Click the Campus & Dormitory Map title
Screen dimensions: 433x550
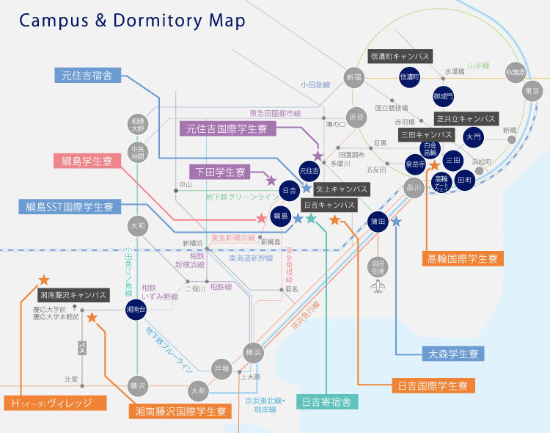click(x=132, y=21)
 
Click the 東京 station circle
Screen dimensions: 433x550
click(x=533, y=92)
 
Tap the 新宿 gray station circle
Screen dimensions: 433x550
click(x=354, y=77)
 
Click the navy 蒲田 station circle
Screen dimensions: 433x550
click(x=378, y=221)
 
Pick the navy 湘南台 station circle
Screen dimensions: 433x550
click(x=136, y=310)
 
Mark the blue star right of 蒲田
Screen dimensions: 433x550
click(x=396, y=221)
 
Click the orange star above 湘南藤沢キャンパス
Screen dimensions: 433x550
click(x=44, y=279)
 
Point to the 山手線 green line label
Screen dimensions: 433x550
click(x=478, y=65)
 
